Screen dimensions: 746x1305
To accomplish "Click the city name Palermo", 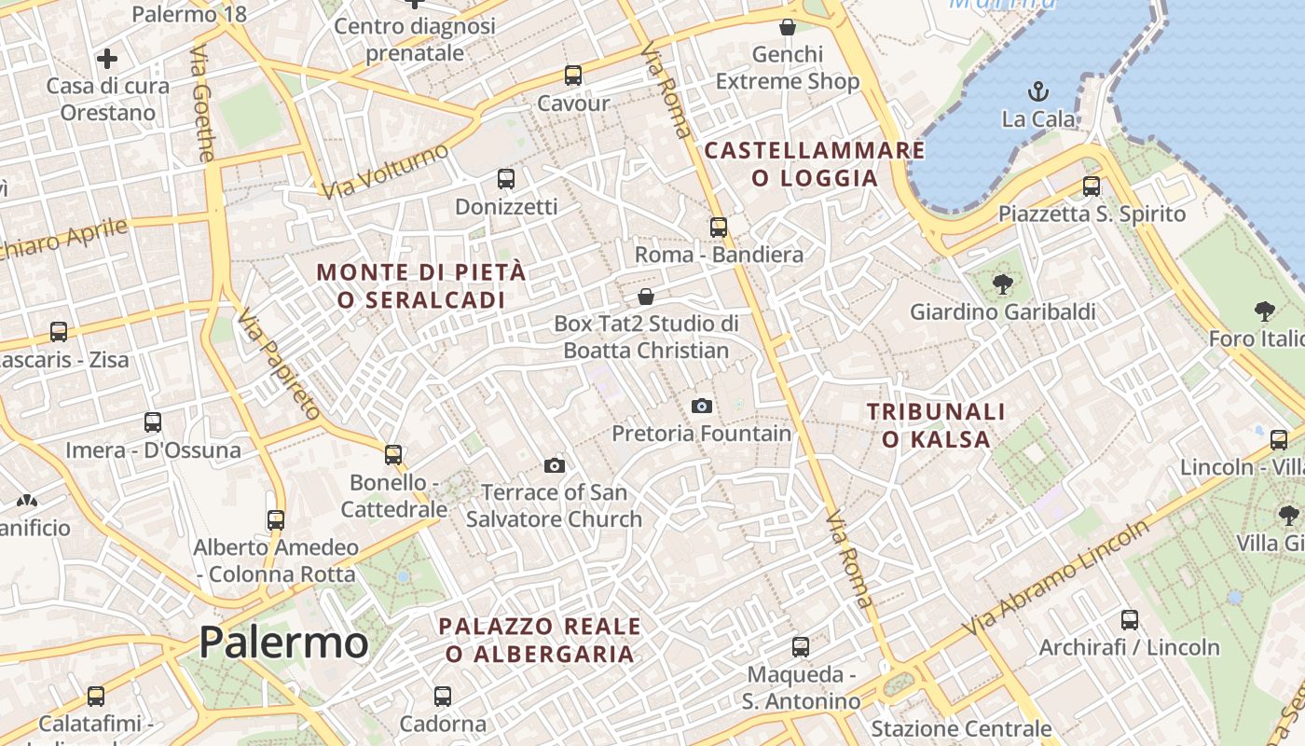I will [x=283, y=642].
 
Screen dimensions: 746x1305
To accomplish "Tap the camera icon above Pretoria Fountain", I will [x=702, y=406].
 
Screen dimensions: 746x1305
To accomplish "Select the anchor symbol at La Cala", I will [x=1038, y=91].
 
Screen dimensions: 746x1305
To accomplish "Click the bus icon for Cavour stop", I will [x=573, y=76].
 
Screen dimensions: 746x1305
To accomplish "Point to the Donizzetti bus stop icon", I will [x=506, y=179].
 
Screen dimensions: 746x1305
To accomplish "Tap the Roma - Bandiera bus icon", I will [x=718, y=227].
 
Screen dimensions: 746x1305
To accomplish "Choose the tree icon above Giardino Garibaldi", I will [x=1003, y=284].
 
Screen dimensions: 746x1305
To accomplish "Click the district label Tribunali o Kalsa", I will [x=936, y=425].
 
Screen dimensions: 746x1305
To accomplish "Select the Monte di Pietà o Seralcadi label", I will [x=421, y=286].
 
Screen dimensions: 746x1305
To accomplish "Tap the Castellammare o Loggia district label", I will [x=814, y=164].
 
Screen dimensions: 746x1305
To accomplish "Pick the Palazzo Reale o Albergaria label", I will [x=540, y=640].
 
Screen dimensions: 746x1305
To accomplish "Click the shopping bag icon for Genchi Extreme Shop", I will [x=788, y=27].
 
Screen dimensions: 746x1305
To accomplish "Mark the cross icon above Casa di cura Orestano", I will [x=107, y=59].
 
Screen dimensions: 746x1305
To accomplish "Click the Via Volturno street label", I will [x=386, y=171].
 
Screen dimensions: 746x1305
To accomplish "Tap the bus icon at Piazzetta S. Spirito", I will [x=1092, y=186].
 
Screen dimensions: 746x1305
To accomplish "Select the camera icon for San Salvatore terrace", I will [x=555, y=465].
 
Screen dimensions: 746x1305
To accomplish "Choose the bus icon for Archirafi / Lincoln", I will [x=1130, y=619].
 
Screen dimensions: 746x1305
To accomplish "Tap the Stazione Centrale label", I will [x=961, y=728].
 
